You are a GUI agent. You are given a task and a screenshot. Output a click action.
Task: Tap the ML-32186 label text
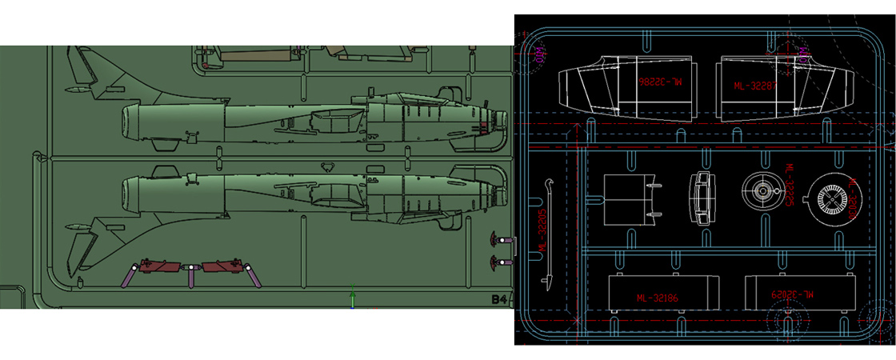pyautogui.click(x=658, y=298)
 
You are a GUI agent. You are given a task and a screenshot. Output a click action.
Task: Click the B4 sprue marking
pyautogui.click(x=498, y=300)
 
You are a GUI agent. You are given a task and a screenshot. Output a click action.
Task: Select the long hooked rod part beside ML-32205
pyautogui.click(x=550, y=231)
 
